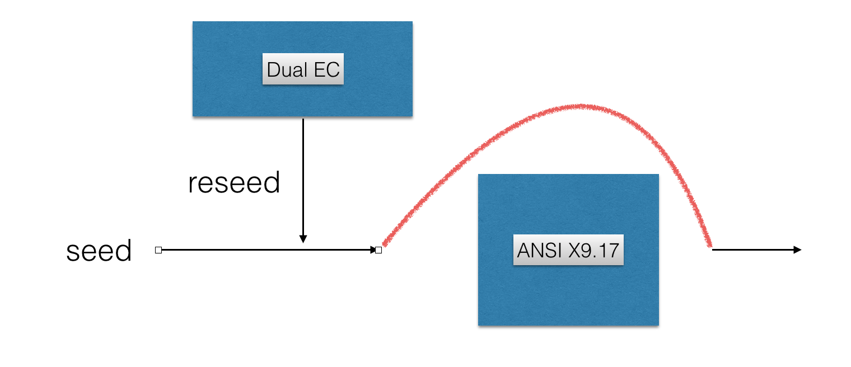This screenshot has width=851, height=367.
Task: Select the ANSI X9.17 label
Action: point(568,250)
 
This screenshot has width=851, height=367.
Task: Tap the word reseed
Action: point(234,183)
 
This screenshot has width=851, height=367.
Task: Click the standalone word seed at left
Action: point(99,251)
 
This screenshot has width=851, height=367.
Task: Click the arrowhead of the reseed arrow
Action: point(303,239)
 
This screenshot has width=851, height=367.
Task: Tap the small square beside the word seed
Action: point(158,250)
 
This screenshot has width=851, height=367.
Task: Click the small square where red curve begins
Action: point(378,250)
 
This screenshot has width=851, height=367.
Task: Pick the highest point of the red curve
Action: point(582,106)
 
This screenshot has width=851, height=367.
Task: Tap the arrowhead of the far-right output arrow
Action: point(798,250)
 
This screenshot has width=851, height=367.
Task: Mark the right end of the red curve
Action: point(710,244)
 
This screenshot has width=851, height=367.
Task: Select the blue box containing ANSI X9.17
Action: point(568,297)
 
